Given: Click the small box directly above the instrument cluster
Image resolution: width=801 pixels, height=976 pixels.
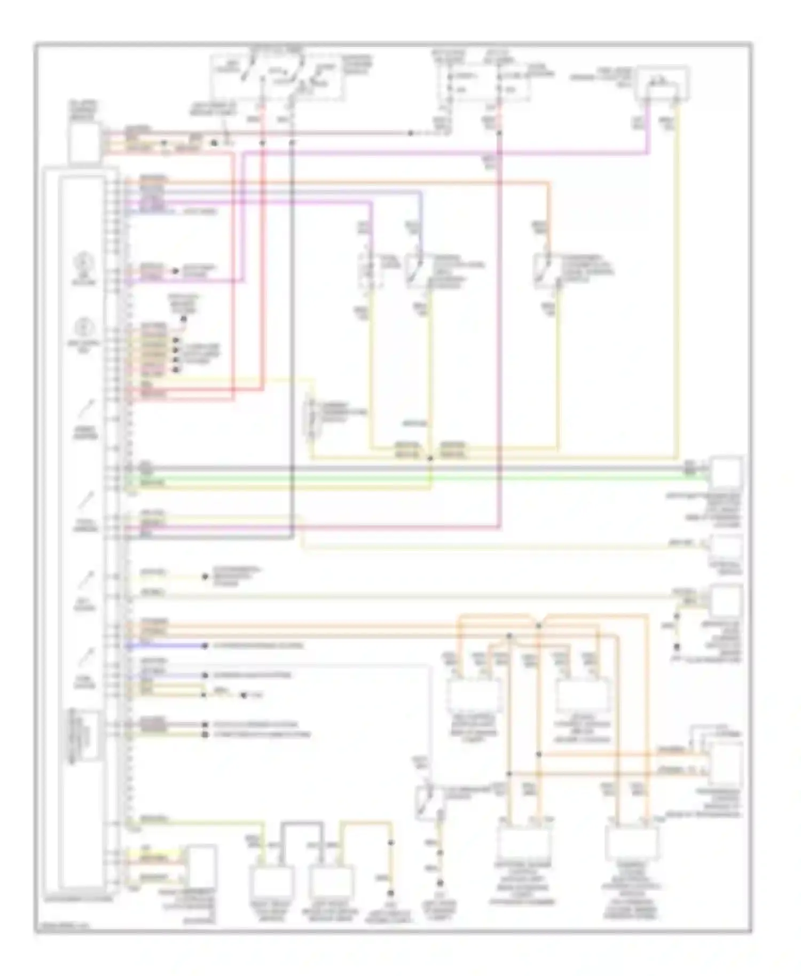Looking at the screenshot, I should point(84,142).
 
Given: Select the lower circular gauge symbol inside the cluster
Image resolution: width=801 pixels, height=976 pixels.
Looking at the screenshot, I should point(84,327).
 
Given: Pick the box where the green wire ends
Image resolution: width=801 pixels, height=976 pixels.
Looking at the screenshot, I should point(727,473).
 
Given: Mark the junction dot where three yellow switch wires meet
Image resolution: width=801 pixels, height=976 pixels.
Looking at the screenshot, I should point(430,458).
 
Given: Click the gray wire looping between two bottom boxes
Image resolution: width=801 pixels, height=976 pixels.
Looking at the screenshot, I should point(302,824).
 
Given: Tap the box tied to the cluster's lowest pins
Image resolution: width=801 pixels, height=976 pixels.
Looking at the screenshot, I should point(200,865).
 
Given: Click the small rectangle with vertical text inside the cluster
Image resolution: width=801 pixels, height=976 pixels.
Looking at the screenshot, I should point(84,735).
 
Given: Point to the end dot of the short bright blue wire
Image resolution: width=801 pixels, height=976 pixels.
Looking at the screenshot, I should point(205,646).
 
